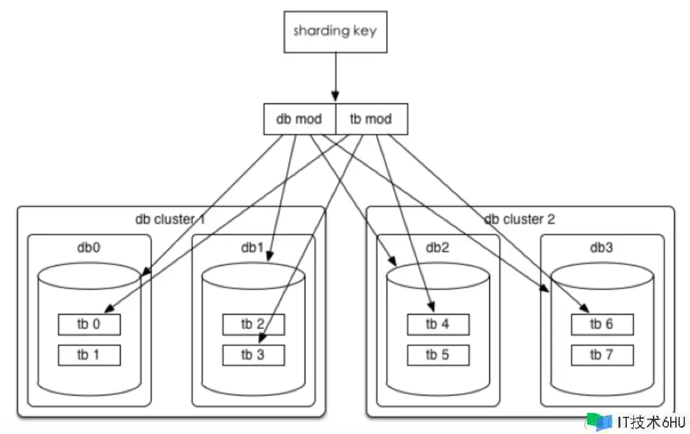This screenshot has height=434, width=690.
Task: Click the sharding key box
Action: (335, 31)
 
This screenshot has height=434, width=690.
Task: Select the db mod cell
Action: (300, 119)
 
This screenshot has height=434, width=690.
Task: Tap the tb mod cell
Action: (371, 119)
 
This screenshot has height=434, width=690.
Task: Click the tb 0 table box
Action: (89, 324)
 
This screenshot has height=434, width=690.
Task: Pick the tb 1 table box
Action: (89, 355)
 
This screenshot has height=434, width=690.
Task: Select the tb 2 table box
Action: (253, 324)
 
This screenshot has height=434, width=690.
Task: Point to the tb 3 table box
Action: (253, 355)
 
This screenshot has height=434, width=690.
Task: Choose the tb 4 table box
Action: (438, 324)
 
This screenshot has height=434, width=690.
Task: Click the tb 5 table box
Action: (438, 355)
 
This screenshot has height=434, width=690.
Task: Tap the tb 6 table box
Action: (602, 324)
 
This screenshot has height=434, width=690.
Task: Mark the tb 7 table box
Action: (602, 355)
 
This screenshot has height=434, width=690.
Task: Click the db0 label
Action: (88, 247)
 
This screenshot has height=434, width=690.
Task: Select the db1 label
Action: (253, 247)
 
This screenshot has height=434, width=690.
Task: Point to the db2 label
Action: (438, 247)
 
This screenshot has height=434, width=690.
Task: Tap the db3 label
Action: (602, 247)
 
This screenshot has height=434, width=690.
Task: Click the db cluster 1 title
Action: (170, 219)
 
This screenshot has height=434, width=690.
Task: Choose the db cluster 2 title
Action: (519, 219)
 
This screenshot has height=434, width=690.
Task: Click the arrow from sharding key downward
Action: (335, 77)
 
